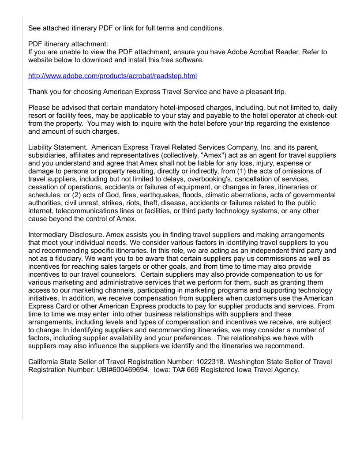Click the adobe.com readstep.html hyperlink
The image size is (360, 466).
pyautogui.click(x=112, y=76)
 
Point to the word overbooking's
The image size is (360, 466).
pyautogui.click(x=215, y=179)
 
